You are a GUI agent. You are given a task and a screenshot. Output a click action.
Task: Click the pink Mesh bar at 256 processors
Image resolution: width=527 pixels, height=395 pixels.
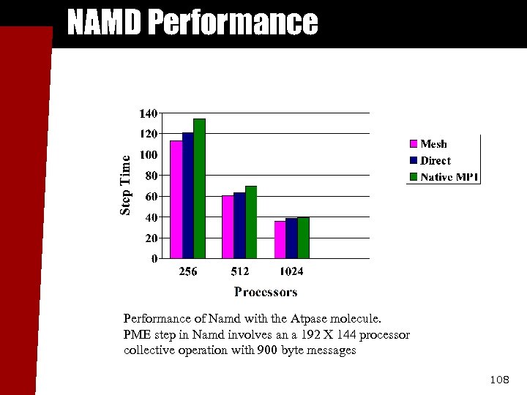click(176, 199)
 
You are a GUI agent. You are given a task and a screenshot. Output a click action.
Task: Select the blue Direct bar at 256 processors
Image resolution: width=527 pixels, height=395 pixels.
click(188, 195)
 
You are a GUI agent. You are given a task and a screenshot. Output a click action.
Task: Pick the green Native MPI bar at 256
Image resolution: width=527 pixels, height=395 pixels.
click(200, 188)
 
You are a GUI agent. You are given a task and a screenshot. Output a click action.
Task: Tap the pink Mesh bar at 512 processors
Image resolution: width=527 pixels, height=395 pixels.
click(228, 227)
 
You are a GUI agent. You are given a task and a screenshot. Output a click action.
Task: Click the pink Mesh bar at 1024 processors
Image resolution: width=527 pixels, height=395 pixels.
click(280, 239)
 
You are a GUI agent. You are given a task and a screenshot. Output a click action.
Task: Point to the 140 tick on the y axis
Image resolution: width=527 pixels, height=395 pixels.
click(148, 113)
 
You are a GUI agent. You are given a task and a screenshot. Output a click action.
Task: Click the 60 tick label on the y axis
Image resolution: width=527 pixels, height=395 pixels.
click(151, 197)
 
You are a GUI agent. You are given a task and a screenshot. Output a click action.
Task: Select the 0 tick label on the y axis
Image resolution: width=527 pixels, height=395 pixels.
click(154, 259)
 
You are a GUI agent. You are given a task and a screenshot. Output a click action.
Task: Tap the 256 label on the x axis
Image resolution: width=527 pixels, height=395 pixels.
click(188, 272)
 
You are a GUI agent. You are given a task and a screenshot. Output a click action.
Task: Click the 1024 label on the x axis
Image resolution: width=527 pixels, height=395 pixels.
click(291, 272)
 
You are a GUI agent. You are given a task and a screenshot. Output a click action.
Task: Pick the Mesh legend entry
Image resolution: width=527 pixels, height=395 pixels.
click(433, 144)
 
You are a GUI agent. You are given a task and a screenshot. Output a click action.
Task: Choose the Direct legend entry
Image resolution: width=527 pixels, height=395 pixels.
click(436, 161)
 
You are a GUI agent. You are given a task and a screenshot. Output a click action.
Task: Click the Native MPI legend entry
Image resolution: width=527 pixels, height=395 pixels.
click(449, 177)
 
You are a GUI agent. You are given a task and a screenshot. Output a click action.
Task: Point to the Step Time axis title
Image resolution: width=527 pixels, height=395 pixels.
click(126, 186)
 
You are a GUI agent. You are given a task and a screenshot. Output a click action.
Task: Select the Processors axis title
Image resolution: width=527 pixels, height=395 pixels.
click(266, 292)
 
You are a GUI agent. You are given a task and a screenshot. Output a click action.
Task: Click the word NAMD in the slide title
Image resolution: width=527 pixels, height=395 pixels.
click(104, 23)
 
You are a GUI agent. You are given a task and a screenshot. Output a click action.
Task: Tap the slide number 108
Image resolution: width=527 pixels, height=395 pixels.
click(498, 380)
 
